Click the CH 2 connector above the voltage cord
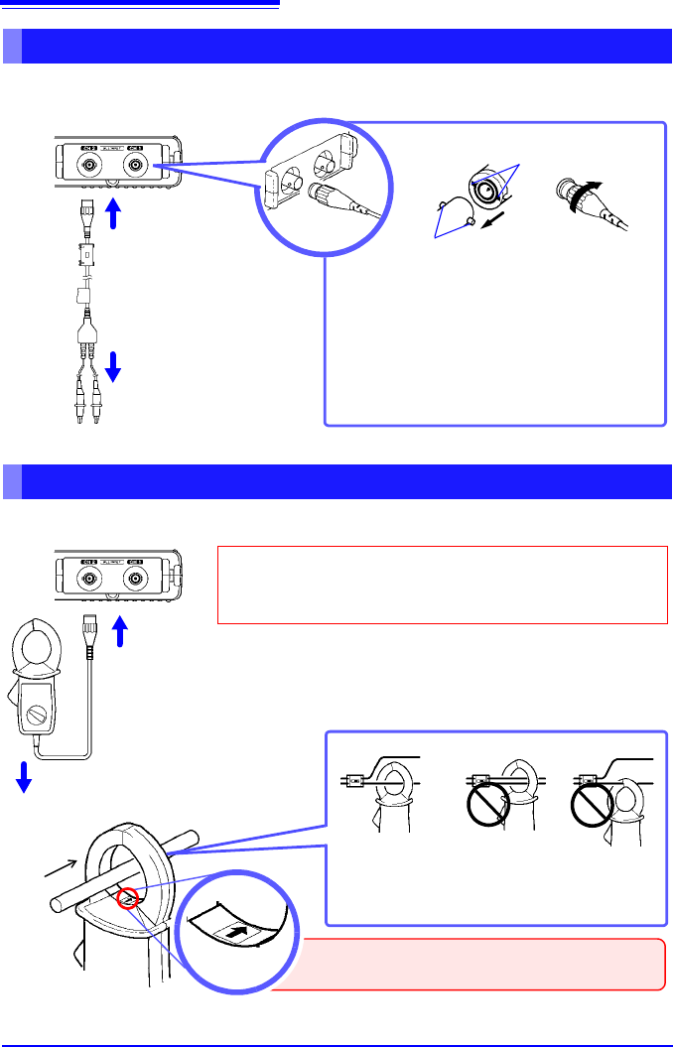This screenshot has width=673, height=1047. pyautogui.click(x=89, y=167)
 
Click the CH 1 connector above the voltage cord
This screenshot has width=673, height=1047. pyautogui.click(x=135, y=167)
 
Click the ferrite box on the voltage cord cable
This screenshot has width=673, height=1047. pyautogui.click(x=89, y=255)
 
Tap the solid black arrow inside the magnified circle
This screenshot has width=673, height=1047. pyautogui.click(x=234, y=933)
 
